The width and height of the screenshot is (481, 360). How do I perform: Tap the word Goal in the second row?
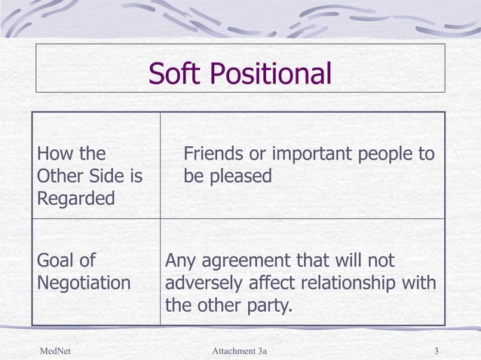tap(56, 261)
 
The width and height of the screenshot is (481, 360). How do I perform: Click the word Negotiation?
tap(84, 284)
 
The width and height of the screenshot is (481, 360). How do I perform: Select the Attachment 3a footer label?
tap(240, 352)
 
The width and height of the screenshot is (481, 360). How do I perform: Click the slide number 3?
tap(437, 352)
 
